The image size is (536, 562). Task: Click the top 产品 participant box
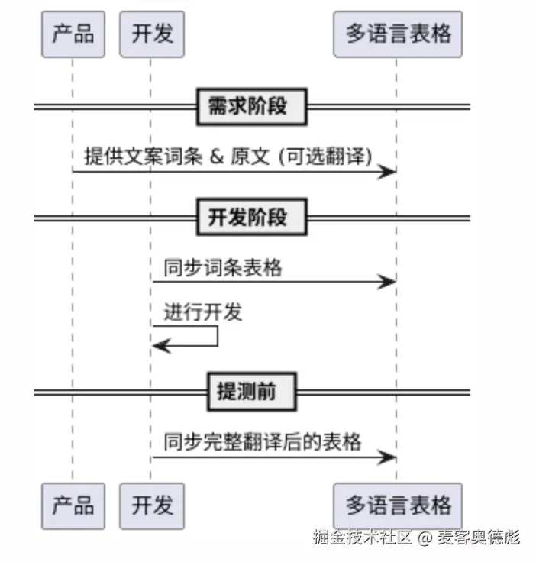[x=73, y=34]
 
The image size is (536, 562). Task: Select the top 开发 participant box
[x=152, y=34]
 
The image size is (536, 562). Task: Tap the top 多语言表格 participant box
[x=398, y=34]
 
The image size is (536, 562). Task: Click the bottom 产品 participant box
[x=73, y=505]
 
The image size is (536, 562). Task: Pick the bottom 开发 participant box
[x=152, y=505]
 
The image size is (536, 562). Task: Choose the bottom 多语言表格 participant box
[x=398, y=505]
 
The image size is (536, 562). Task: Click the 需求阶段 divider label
[x=251, y=106]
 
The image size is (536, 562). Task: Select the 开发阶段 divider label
[x=251, y=218]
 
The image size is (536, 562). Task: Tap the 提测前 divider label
[x=251, y=392]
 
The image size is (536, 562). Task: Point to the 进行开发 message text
[x=202, y=312]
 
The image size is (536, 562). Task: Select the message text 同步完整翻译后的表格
[x=262, y=442]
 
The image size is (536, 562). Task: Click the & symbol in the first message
[x=216, y=157]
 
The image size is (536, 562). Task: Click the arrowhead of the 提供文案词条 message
[x=389, y=172]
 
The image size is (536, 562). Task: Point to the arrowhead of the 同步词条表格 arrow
[x=389, y=283]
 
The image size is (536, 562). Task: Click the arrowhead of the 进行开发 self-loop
[x=159, y=346]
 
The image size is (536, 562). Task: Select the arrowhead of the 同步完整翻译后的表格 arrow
[x=389, y=457]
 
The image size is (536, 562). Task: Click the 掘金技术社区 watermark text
[x=363, y=538]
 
